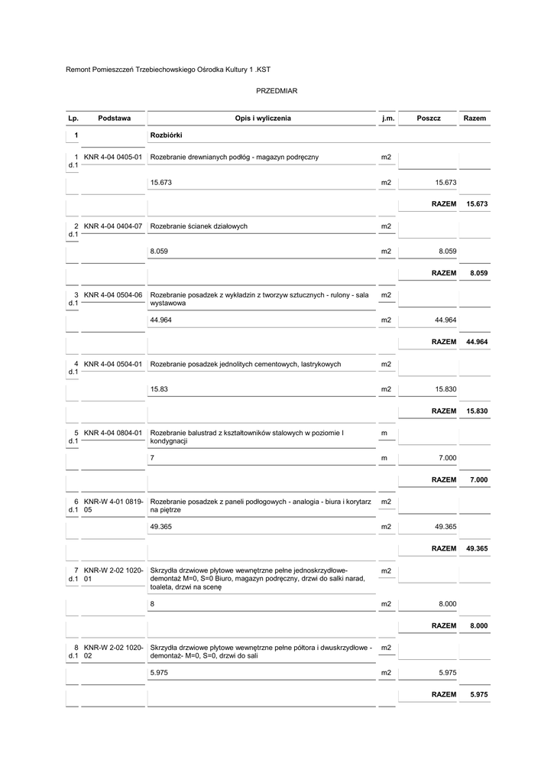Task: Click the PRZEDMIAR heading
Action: (277, 91)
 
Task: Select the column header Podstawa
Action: (114, 119)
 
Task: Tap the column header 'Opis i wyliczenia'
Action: (263, 119)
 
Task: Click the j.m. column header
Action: (387, 119)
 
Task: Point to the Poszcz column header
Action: (429, 119)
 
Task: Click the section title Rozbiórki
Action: (166, 135)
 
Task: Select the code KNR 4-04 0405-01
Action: (113, 158)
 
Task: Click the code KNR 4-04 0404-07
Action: (113, 226)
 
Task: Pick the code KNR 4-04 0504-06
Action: (113, 295)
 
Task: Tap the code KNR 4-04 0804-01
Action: (113, 434)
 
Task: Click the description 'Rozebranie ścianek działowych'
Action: (199, 226)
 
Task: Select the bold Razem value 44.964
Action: (476, 342)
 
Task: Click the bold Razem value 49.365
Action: (476, 548)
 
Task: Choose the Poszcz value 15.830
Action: (445, 389)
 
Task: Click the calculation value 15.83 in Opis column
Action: (159, 389)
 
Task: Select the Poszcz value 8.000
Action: (447, 604)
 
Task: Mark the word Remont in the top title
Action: (78, 70)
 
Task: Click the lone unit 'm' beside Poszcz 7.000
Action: (384, 458)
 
